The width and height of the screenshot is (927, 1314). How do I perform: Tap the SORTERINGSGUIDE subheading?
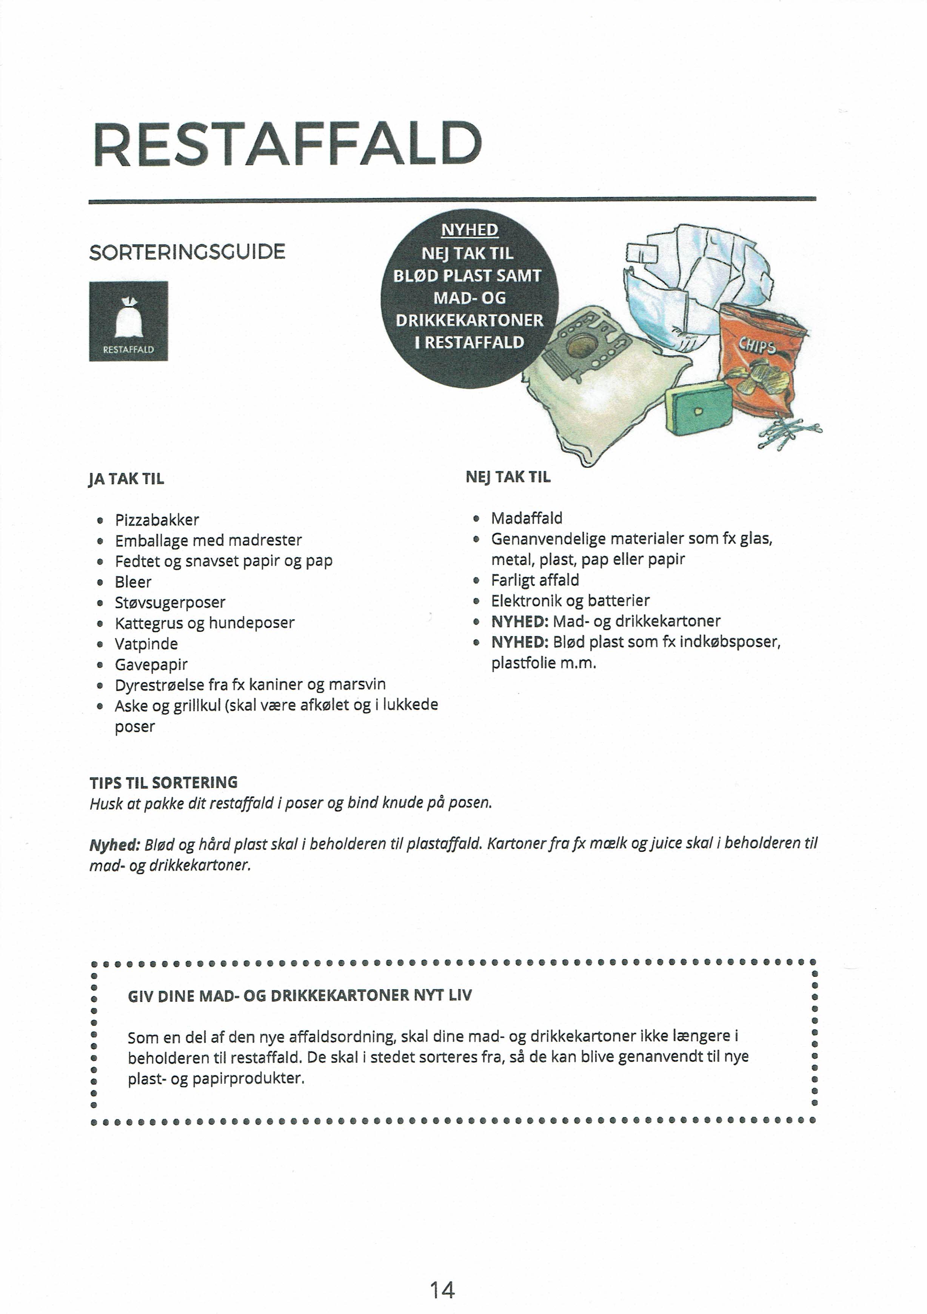click(187, 252)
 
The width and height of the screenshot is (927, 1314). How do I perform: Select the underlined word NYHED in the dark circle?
click(470, 230)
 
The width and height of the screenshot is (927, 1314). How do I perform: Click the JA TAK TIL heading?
click(126, 479)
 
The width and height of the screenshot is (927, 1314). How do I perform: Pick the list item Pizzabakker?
click(157, 520)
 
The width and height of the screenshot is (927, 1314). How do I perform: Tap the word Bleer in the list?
click(133, 582)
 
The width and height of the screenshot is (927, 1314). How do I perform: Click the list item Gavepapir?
click(151, 665)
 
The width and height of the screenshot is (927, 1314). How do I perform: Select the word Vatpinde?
click(146, 644)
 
